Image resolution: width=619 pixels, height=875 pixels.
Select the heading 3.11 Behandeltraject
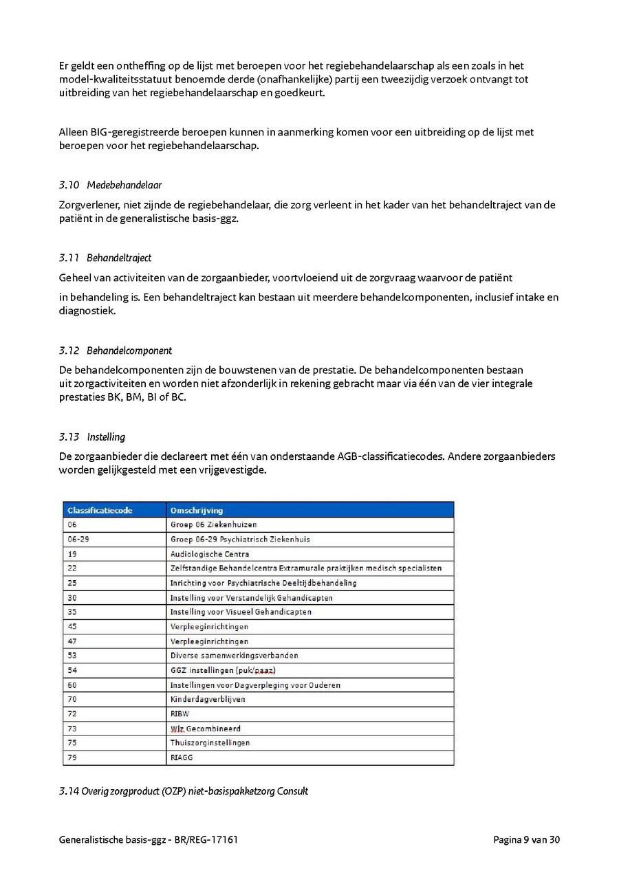click(105, 258)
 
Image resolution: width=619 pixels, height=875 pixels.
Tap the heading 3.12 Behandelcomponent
click(116, 351)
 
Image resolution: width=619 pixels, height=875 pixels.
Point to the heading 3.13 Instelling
click(92, 436)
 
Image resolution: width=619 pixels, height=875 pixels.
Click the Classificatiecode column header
click(100, 510)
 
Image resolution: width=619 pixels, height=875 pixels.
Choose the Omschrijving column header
click(197, 510)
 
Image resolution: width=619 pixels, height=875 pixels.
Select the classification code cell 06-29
click(78, 539)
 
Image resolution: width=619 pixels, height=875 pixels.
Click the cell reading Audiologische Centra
click(210, 553)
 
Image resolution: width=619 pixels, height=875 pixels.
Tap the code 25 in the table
click(72, 583)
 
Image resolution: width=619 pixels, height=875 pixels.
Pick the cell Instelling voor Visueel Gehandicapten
click(241, 612)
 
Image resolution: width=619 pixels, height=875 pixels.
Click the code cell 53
click(72, 656)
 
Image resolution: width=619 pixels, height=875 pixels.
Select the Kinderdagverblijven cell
click(208, 699)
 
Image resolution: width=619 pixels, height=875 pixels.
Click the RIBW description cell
click(180, 714)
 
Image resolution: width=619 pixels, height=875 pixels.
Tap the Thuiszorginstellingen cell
click(210, 743)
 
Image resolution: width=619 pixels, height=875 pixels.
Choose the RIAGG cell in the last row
click(182, 757)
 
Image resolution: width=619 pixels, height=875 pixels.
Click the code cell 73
click(72, 729)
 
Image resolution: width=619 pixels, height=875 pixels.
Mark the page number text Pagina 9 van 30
click(526, 839)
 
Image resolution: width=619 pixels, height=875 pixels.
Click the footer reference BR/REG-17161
click(206, 839)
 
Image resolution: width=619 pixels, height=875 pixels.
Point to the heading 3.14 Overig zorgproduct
click(183, 791)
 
